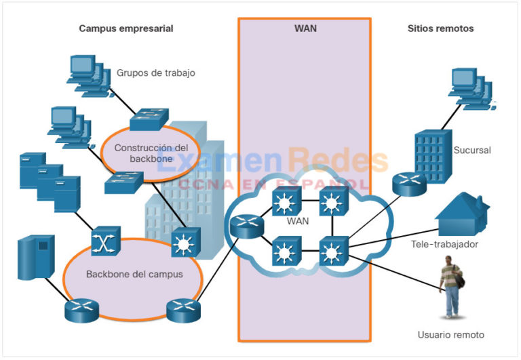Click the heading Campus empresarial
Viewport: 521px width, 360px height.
126,28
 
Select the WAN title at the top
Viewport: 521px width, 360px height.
305,28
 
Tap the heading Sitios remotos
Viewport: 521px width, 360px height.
440,28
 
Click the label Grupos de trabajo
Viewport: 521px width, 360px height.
156,73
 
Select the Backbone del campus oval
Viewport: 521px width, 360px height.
134,275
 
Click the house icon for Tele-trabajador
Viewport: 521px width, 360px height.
461,212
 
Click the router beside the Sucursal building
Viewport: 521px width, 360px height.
408,181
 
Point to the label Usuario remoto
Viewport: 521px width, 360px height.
451,334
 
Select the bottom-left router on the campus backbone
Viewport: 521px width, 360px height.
81,311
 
